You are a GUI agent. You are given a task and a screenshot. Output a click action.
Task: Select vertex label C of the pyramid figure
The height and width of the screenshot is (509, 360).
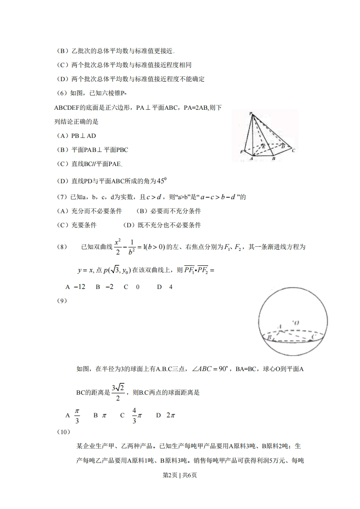(294, 150)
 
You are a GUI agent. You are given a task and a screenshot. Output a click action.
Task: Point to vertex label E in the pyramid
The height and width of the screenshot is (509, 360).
(264, 146)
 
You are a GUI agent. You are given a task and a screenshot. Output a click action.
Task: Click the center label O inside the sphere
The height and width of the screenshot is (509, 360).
(296, 323)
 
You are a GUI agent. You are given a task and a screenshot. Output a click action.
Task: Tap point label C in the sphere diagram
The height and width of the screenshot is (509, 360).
(313, 338)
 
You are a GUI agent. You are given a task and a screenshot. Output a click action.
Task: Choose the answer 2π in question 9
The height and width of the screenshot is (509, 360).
(168, 415)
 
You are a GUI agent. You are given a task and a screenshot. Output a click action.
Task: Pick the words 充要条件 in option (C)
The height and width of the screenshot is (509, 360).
(84, 225)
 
